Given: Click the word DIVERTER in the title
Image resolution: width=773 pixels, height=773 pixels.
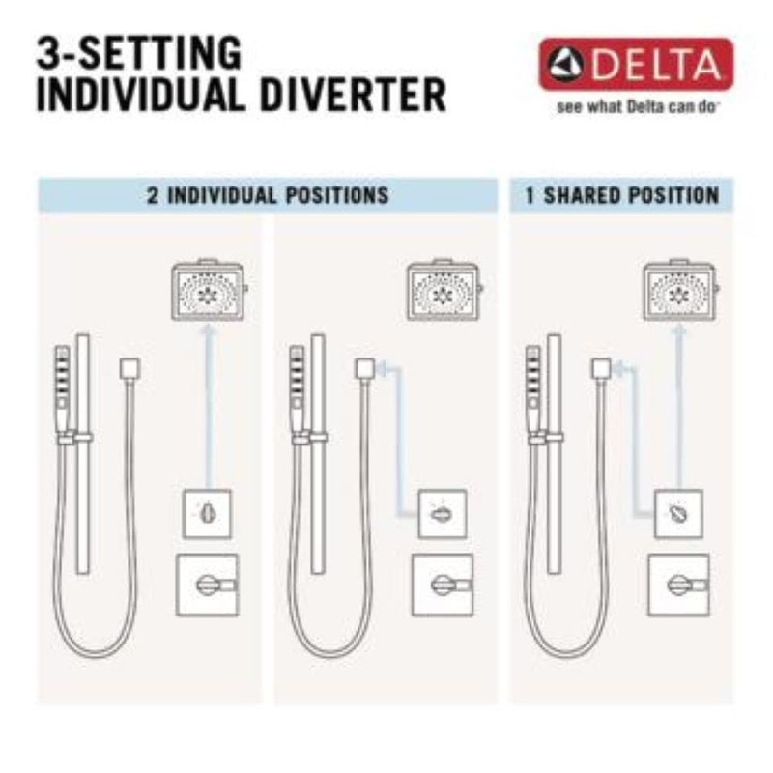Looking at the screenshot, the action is pyautogui.click(x=353, y=94).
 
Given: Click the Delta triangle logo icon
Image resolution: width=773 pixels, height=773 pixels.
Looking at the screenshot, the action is pyautogui.click(x=566, y=65).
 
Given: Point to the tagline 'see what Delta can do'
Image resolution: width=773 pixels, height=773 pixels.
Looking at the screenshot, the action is pyautogui.click(x=636, y=107).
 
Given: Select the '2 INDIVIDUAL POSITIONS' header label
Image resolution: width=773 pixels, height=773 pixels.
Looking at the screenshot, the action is pyautogui.click(x=269, y=196).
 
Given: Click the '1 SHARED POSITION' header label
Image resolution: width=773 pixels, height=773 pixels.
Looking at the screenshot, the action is pyautogui.click(x=622, y=196).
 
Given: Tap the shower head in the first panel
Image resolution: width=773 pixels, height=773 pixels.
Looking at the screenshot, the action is pyautogui.click(x=209, y=290).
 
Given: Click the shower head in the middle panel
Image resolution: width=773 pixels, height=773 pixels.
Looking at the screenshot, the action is pyautogui.click(x=444, y=290).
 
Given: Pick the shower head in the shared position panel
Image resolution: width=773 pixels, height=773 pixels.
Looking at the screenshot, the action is pyautogui.click(x=680, y=290).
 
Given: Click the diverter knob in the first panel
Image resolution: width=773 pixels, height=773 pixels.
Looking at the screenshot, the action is pyautogui.click(x=207, y=514).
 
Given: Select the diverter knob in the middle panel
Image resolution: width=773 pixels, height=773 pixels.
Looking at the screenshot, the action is pyautogui.click(x=443, y=514).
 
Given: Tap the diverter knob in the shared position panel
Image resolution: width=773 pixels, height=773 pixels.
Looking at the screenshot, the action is pyautogui.click(x=678, y=514).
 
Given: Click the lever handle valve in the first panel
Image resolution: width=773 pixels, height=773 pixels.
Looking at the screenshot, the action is pyautogui.click(x=208, y=586).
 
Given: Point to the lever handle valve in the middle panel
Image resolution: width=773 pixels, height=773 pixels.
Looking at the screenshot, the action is pyautogui.click(x=443, y=586).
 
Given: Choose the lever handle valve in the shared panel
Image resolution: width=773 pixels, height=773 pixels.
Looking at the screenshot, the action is pyautogui.click(x=679, y=586).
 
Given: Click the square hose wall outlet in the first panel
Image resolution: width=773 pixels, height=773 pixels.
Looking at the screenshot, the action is pyautogui.click(x=129, y=369).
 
